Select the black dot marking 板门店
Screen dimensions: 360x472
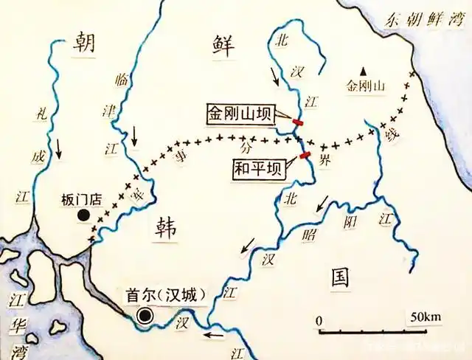pyautogui.click(x=85, y=215)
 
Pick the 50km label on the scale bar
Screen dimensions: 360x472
pyautogui.click(x=426, y=317)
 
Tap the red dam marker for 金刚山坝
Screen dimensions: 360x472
pyautogui.click(x=298, y=122)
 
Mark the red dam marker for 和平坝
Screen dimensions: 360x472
pyautogui.click(x=304, y=156)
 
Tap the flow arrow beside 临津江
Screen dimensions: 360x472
pyautogui.click(x=134, y=135)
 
